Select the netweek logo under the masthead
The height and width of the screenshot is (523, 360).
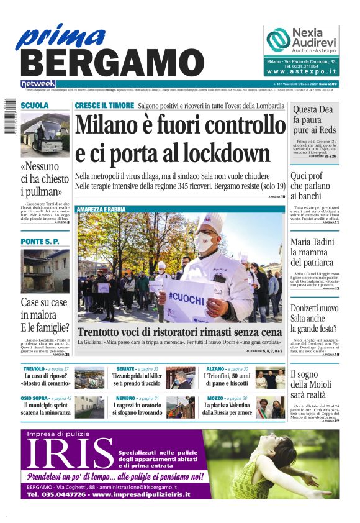pyautogui.click(x=38, y=84)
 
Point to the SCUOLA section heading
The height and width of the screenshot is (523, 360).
pyautogui.click(x=35, y=106)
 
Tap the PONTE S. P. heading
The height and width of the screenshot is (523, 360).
pyautogui.click(x=40, y=240)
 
